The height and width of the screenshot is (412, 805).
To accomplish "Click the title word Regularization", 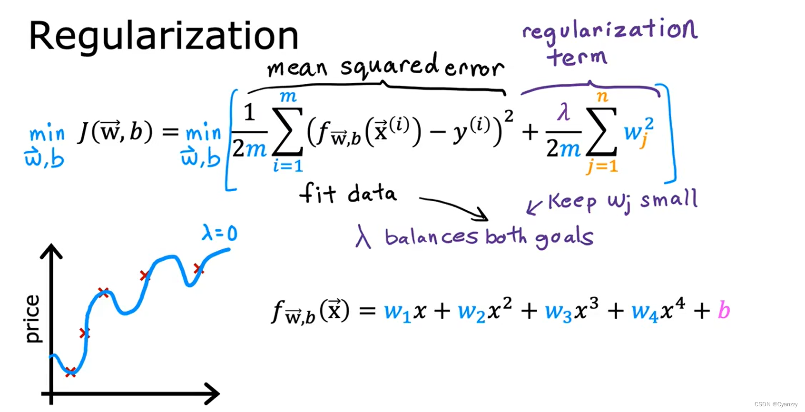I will (163, 37).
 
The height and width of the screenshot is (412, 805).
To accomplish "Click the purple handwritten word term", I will (577, 58).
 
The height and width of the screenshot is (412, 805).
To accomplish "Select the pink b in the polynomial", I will (724, 310).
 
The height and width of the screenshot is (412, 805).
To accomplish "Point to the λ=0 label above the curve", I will (219, 233).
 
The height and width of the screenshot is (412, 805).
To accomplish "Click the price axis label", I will (32, 318).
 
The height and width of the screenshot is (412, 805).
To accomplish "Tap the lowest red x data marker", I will (70, 372).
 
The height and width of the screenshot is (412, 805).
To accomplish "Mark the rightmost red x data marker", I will (198, 269).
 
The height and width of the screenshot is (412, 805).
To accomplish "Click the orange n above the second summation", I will (602, 97).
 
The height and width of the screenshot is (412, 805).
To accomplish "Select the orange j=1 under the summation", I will (602, 167).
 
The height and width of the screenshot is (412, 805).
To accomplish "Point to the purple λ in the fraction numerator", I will (563, 113).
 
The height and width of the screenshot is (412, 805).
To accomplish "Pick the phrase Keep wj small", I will (622, 201).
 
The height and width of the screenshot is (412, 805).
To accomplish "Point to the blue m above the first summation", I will (288, 97).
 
